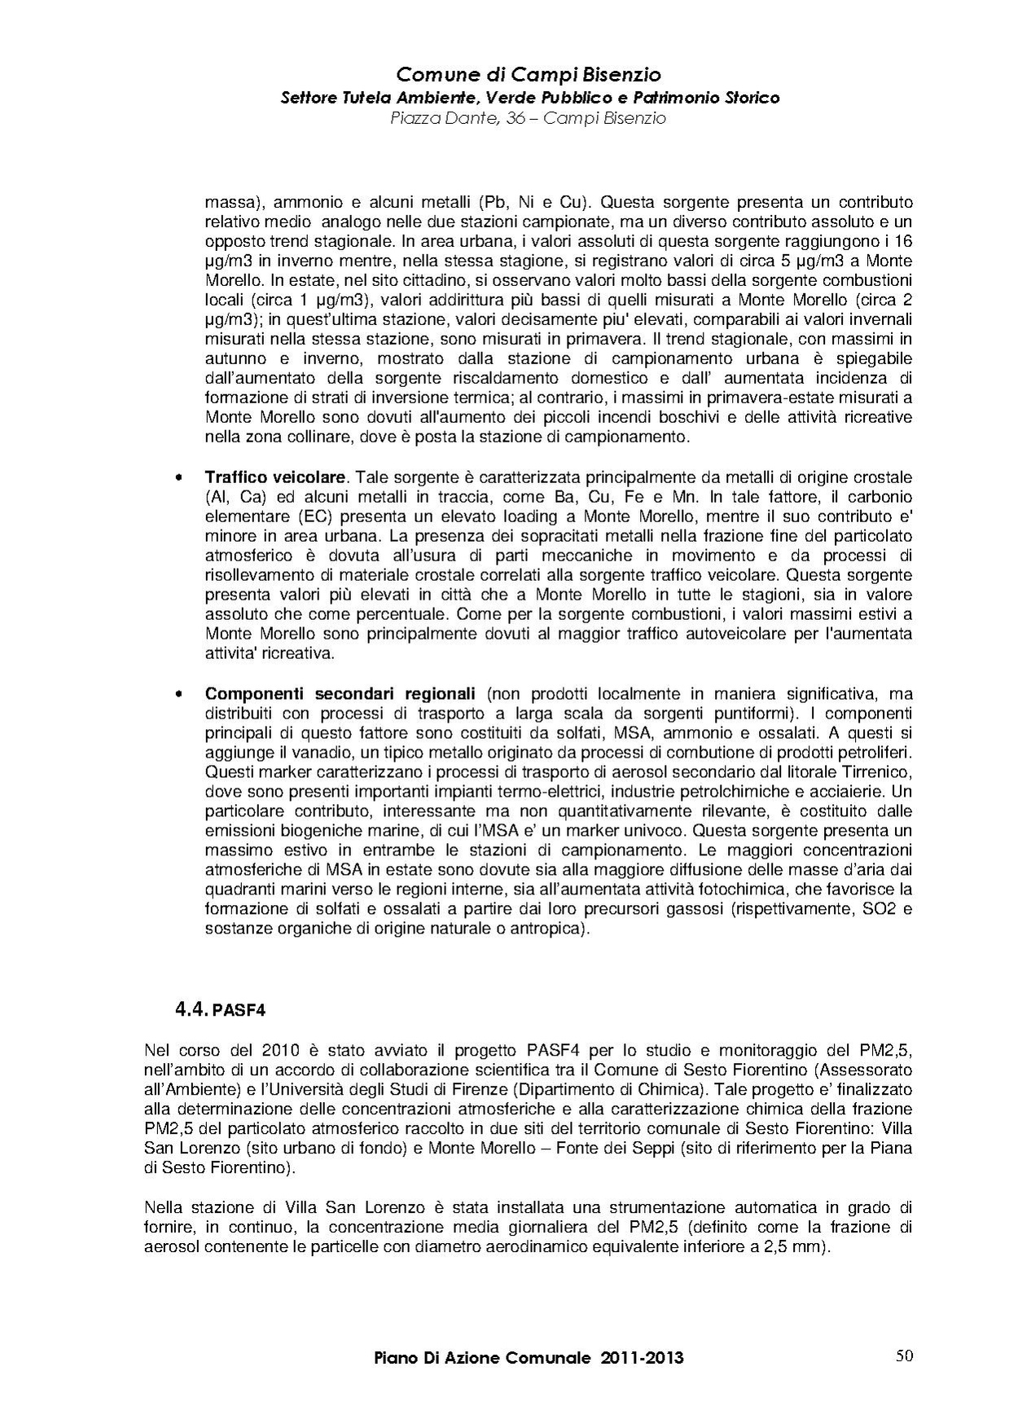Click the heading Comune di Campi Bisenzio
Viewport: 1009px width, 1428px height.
coord(528,76)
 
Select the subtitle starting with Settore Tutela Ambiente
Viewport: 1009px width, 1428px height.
coord(529,98)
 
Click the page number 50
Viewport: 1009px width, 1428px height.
coord(904,1356)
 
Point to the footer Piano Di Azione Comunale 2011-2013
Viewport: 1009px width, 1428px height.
coord(529,1358)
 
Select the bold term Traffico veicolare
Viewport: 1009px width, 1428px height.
coord(276,477)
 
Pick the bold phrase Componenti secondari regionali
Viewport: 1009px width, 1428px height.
coord(340,694)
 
